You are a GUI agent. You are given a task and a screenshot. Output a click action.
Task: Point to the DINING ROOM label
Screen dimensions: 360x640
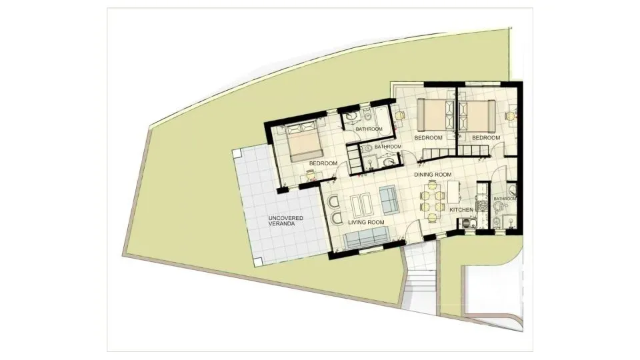click(x=433, y=175)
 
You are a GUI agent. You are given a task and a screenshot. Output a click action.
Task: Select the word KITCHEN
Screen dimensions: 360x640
click(x=461, y=210)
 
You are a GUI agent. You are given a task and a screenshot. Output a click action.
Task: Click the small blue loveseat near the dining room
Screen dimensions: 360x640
click(x=388, y=198)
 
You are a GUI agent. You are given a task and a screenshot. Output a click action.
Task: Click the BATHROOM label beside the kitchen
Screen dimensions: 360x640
click(x=505, y=199)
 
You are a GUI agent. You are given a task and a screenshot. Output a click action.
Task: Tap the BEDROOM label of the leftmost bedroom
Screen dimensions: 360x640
click(x=323, y=163)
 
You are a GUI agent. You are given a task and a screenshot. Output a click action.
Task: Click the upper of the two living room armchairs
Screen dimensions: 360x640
click(x=335, y=203)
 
